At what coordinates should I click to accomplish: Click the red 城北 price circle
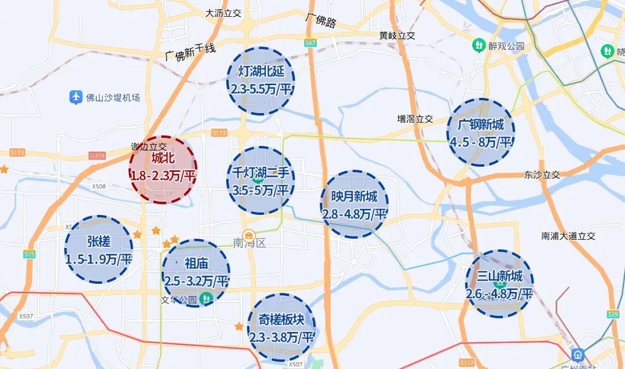tap(163, 169)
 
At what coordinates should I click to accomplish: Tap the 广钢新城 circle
tap(480, 133)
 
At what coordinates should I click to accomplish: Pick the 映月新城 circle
tap(354, 204)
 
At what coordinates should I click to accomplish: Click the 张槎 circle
tap(99, 250)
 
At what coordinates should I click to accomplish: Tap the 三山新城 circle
tap(499, 284)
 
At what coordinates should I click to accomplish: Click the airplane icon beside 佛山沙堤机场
tap(75, 97)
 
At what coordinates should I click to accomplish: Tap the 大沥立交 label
tap(223, 13)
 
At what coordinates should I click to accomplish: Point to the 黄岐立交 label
tap(398, 35)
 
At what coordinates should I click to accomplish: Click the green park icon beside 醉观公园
tap(479, 45)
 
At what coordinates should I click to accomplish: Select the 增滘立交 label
tap(415, 119)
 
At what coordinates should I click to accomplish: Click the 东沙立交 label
tap(542, 174)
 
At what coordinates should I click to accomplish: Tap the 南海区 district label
tap(249, 244)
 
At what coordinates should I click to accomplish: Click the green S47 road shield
tap(310, 43)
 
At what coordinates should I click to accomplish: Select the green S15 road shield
tap(30, 254)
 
